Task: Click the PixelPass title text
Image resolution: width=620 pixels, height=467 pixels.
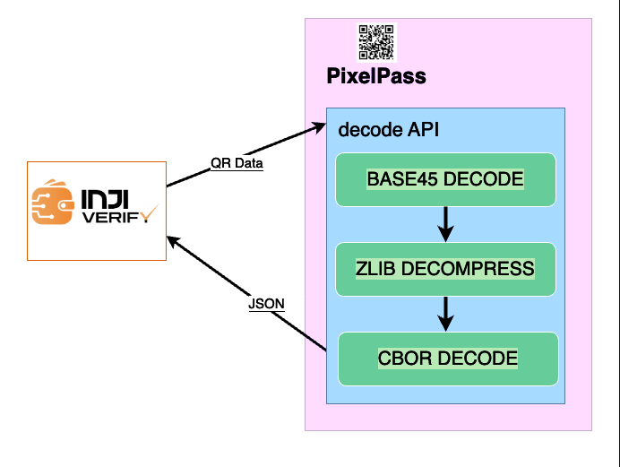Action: (x=376, y=76)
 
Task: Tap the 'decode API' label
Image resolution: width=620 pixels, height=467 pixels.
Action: (x=388, y=130)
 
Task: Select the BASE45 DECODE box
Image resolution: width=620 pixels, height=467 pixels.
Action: (x=445, y=179)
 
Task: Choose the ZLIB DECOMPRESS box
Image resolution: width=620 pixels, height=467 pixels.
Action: (x=445, y=269)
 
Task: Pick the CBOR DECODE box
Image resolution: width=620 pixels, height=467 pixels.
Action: (x=448, y=359)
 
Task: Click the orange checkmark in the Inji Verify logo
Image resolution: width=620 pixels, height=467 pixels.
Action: (x=149, y=212)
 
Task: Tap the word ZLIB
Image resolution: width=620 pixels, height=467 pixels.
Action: (x=376, y=269)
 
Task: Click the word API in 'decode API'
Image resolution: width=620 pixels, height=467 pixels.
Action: (x=421, y=130)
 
